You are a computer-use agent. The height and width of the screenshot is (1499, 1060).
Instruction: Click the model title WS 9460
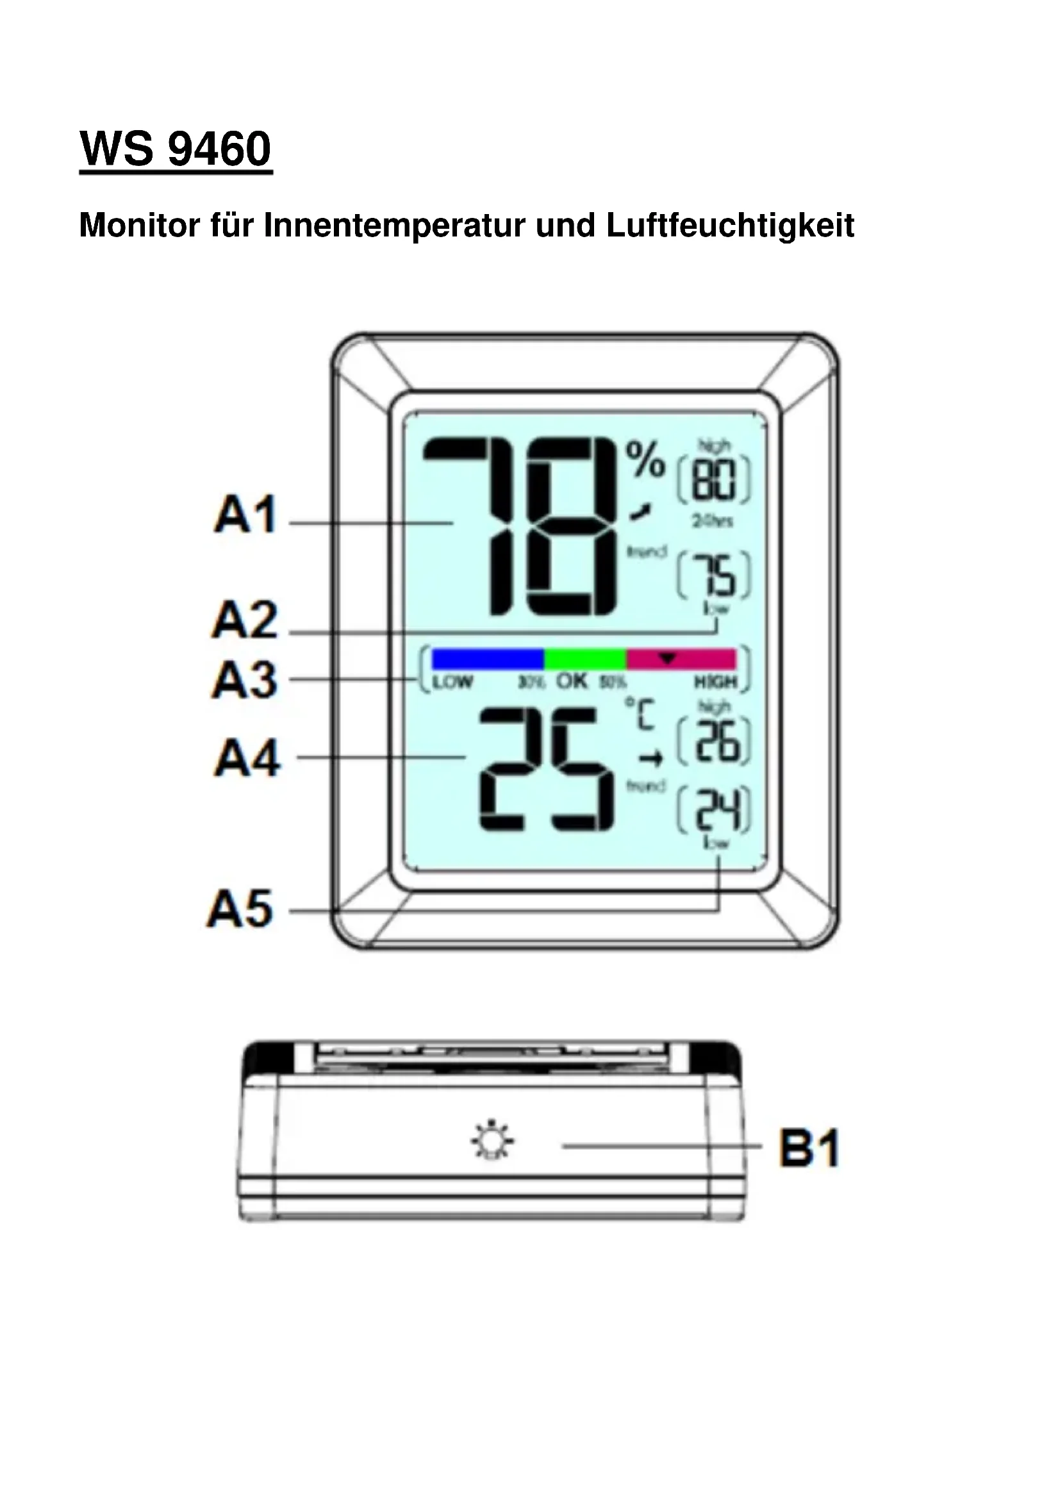(175, 149)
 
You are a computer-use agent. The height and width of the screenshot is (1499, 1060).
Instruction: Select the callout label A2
(245, 620)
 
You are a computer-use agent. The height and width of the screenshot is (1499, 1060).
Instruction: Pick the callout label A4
(247, 758)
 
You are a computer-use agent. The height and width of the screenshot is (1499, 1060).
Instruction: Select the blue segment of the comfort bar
(488, 659)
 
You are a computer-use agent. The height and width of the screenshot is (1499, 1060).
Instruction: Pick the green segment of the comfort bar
(586, 659)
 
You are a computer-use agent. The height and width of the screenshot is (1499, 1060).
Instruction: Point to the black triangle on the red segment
(667, 658)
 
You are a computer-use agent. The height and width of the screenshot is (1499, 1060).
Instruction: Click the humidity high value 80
(713, 481)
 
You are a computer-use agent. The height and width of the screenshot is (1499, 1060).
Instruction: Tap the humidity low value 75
(713, 575)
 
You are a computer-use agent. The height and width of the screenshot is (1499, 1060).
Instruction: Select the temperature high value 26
(715, 741)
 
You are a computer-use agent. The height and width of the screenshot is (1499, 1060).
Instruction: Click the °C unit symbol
(641, 713)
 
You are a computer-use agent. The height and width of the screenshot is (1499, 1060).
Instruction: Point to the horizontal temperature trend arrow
(650, 759)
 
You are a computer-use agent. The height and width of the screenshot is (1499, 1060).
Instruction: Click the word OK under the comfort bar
(572, 682)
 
